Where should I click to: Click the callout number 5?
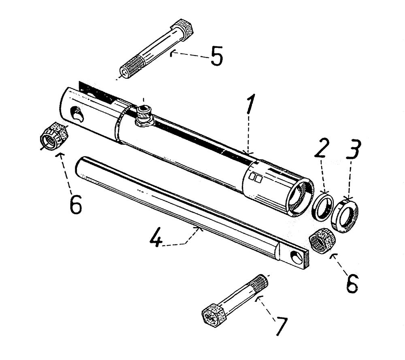(x=216, y=57)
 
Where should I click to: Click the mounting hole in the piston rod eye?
(x=299, y=256)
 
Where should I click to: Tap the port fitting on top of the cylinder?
(x=144, y=113)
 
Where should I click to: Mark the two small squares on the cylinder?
(x=256, y=178)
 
